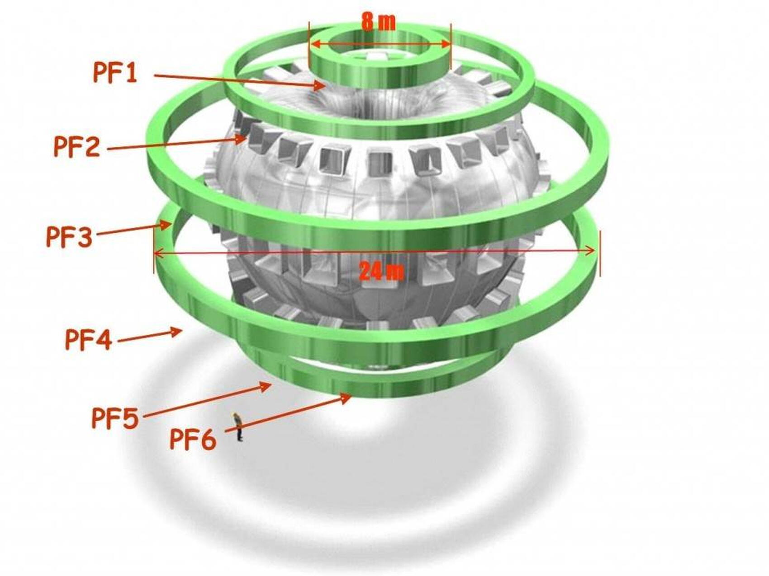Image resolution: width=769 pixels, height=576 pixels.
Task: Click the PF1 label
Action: pyautogui.click(x=115, y=72)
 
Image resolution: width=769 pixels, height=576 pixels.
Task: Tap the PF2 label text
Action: pyautogui.click(x=76, y=146)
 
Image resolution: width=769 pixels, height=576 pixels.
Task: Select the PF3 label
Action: pyautogui.click(x=69, y=237)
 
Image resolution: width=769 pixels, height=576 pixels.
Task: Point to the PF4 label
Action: pyautogui.click(x=88, y=339)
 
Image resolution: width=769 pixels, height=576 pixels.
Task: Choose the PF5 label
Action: pyautogui.click(x=115, y=417)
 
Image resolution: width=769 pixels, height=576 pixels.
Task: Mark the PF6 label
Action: pyautogui.click(x=193, y=439)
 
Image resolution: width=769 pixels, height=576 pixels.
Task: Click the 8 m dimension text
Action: pyautogui.click(x=379, y=22)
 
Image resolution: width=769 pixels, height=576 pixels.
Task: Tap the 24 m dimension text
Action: pyautogui.click(x=381, y=271)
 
